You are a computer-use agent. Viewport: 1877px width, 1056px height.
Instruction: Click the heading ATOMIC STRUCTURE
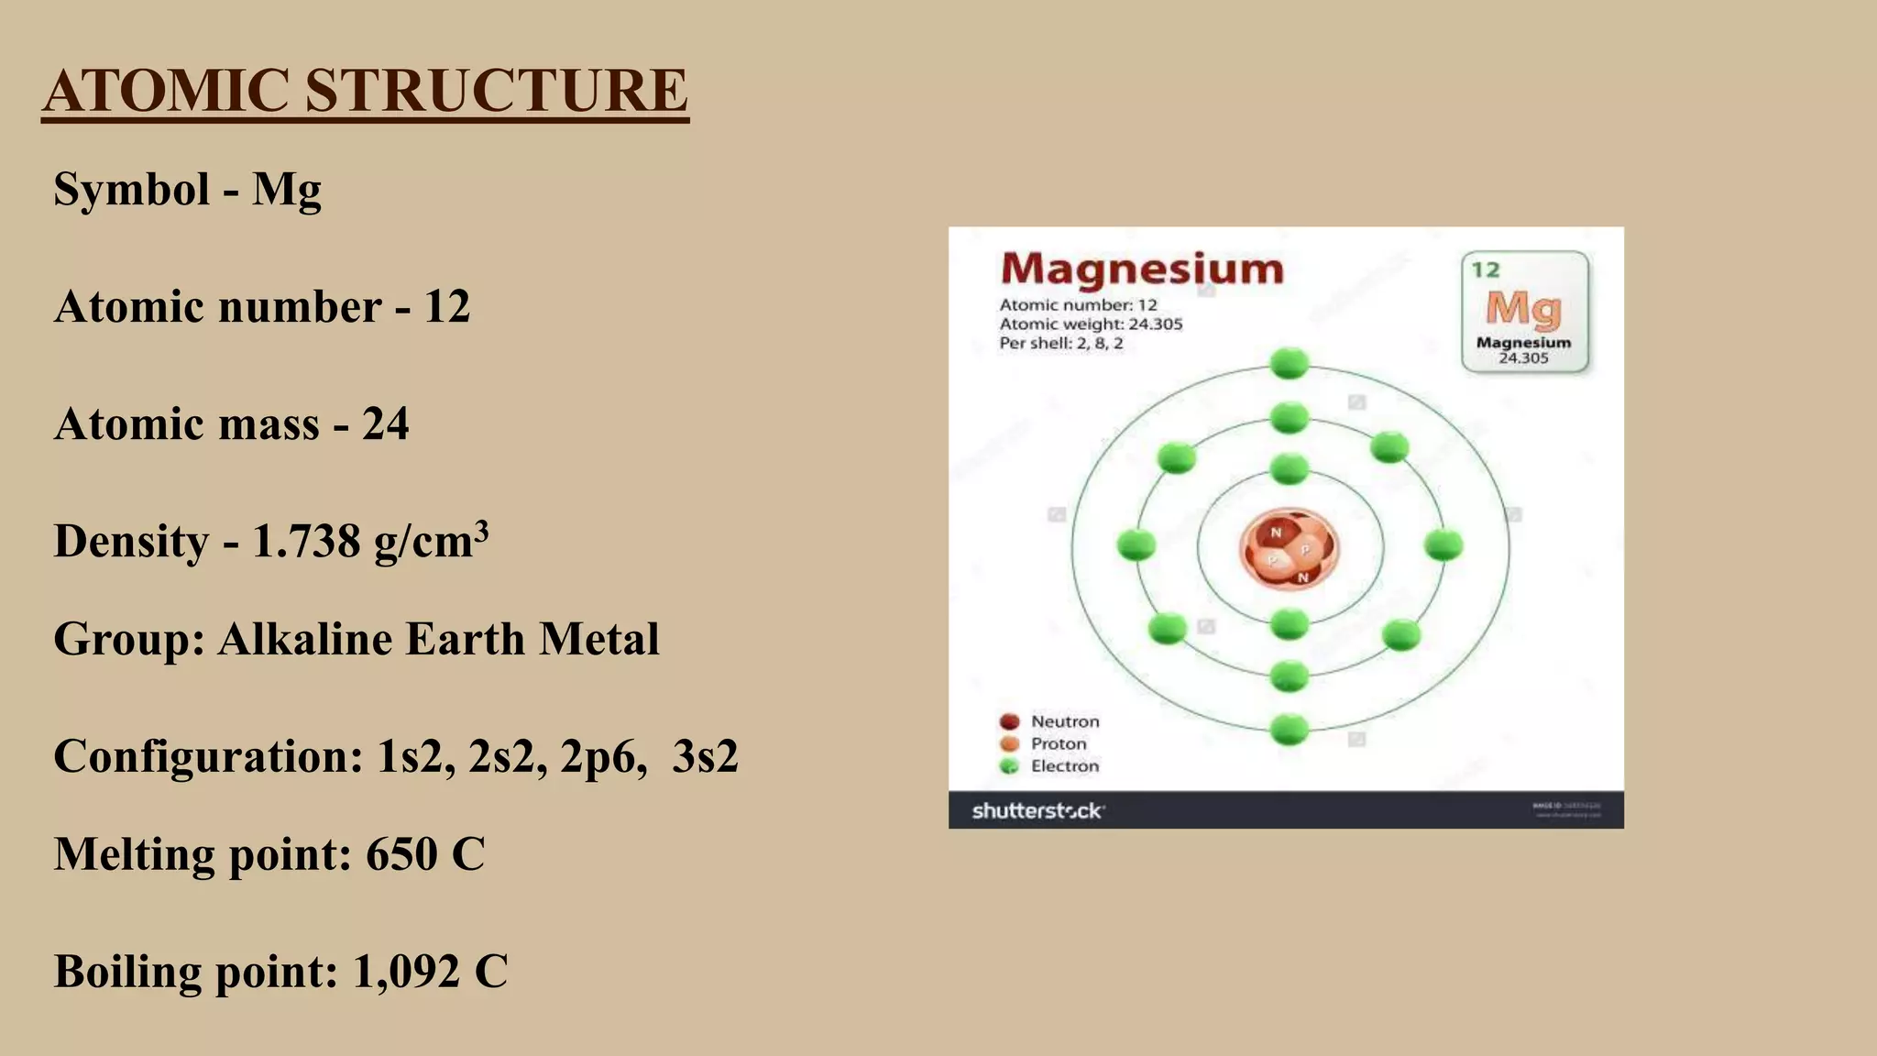[365, 91]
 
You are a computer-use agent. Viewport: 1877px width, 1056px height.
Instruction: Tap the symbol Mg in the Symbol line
[287, 190]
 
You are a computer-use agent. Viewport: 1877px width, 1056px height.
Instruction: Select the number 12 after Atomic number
[446, 306]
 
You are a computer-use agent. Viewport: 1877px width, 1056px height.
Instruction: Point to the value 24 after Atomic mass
[385, 423]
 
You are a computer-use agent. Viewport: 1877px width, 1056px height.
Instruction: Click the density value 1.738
[306, 541]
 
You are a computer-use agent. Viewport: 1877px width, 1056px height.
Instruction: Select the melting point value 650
[401, 854]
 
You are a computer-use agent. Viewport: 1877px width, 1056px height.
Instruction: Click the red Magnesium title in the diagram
[1142, 269]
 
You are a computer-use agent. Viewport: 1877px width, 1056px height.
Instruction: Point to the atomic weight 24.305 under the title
[1155, 324]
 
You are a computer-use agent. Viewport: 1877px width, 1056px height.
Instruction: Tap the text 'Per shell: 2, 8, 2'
[1060, 344]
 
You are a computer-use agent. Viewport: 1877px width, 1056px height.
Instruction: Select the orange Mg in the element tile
[1523, 309]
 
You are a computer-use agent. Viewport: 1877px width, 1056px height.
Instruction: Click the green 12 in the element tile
[1486, 269]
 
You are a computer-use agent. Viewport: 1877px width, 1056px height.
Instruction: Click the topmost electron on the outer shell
[1290, 364]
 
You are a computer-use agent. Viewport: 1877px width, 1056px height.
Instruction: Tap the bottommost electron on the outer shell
[1290, 731]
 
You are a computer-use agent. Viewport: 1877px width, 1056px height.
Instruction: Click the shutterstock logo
[1037, 810]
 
